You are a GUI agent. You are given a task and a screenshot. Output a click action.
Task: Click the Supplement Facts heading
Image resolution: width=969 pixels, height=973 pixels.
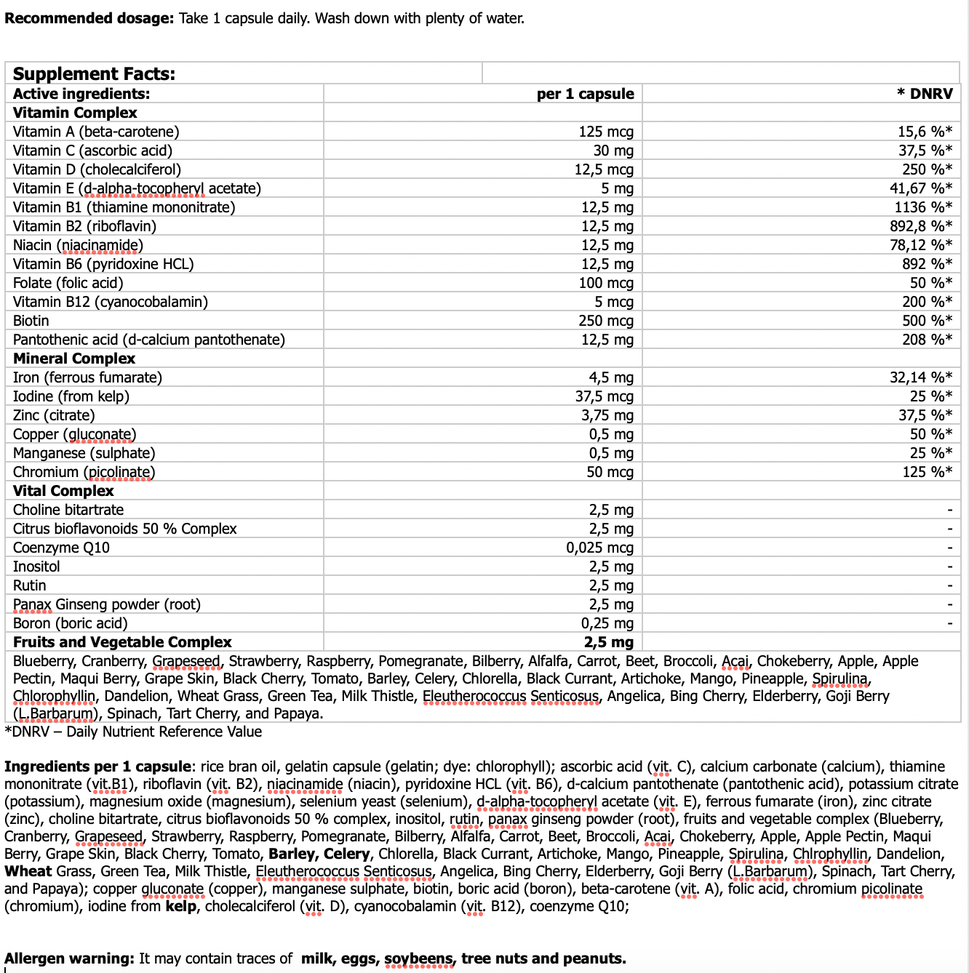pyautogui.click(x=94, y=73)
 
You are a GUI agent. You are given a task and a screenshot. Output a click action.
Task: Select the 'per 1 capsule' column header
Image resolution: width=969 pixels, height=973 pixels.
pyautogui.click(x=585, y=94)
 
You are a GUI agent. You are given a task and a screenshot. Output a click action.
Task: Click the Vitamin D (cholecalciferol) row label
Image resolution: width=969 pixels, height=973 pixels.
pyautogui.click(x=97, y=169)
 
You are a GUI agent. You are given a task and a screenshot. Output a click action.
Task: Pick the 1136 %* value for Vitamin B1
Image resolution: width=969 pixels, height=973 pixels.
pyautogui.click(x=923, y=207)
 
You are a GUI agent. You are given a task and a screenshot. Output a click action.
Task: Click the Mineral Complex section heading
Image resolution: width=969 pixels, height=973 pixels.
pyautogui.click(x=74, y=359)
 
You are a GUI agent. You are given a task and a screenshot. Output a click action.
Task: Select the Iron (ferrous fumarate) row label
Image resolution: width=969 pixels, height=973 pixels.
pyautogui.click(x=87, y=377)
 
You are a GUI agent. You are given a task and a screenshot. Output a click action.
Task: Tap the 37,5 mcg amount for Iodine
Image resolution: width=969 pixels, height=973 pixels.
pyautogui.click(x=604, y=396)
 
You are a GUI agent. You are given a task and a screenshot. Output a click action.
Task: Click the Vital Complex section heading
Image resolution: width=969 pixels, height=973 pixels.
pyautogui.click(x=63, y=491)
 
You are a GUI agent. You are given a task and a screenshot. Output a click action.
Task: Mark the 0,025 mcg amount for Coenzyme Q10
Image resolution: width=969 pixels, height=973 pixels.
pyautogui.click(x=599, y=548)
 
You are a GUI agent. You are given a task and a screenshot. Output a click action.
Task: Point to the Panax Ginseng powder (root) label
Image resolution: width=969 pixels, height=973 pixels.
pyautogui.click(x=107, y=604)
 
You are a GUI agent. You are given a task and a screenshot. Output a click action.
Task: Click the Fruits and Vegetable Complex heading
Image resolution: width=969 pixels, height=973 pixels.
pyautogui.click(x=122, y=642)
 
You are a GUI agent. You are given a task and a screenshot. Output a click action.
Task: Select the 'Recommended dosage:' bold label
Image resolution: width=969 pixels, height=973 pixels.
pyautogui.click(x=89, y=18)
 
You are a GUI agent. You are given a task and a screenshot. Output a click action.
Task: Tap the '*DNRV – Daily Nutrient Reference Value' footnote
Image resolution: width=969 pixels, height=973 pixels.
pyautogui.click(x=133, y=732)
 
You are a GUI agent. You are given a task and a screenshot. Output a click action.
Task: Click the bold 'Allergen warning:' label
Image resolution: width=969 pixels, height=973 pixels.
pyautogui.click(x=69, y=958)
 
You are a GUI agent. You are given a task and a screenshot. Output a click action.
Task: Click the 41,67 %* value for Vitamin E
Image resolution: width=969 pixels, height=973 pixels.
pyautogui.click(x=921, y=188)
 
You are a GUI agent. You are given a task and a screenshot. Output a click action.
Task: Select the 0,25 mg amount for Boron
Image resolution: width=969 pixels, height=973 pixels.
pyautogui.click(x=607, y=623)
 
